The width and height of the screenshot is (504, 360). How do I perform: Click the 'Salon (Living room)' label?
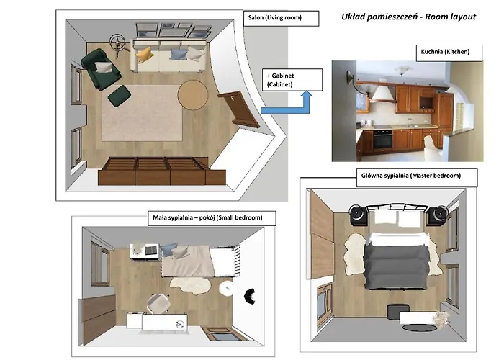click(275, 17)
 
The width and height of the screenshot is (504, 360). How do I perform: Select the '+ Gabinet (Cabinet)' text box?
click(292, 80)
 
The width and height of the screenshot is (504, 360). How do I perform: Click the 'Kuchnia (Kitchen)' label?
click(445, 51)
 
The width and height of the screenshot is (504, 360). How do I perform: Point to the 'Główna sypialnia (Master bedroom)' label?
click(411, 176)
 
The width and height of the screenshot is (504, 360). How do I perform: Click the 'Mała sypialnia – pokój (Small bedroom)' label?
click(207, 217)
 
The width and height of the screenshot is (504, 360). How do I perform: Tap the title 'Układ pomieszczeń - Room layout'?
click(408, 17)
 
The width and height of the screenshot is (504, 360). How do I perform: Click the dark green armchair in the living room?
click(101, 69)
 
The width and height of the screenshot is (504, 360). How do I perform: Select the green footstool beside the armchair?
click(120, 96)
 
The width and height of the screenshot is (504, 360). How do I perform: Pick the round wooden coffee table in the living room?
click(193, 95)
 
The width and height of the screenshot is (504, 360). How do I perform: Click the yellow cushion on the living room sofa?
click(143, 55)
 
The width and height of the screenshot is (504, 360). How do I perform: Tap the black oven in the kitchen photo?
click(382, 139)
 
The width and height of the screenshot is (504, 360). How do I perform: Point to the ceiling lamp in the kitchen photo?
click(402, 71)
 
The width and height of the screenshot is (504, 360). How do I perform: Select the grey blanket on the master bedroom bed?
click(397, 265)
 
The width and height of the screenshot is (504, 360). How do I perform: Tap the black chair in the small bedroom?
click(249, 296)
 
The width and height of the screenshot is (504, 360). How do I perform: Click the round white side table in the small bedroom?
click(226, 288)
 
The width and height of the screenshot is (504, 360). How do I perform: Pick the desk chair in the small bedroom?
click(158, 303)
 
